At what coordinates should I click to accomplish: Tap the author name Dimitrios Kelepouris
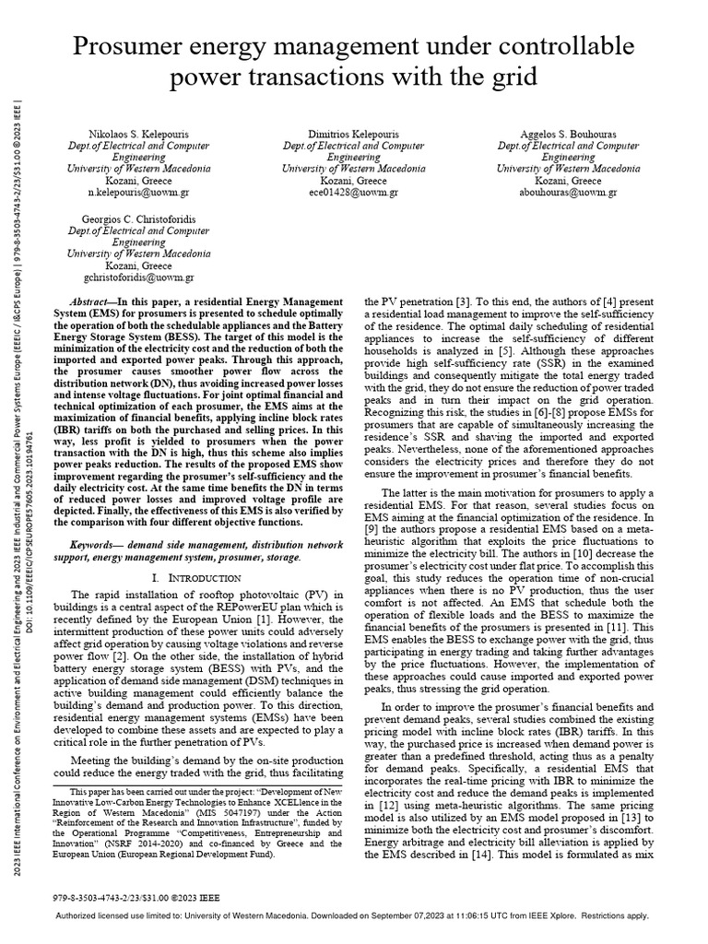click(x=354, y=134)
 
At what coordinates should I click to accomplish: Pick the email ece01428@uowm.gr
click(x=354, y=193)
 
